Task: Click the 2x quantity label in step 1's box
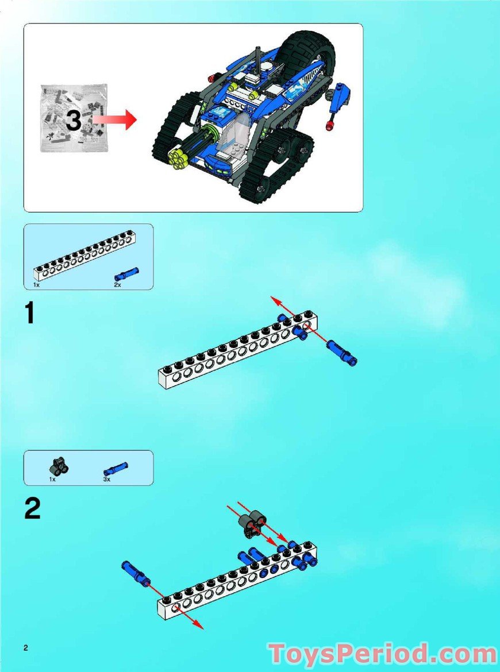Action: (117, 284)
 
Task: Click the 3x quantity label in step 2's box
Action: (107, 478)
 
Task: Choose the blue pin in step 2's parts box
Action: (116, 468)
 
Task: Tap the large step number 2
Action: (32, 508)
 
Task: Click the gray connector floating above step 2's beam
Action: (250, 524)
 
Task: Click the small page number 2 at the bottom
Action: (26, 648)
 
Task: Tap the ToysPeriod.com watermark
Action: (382, 654)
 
